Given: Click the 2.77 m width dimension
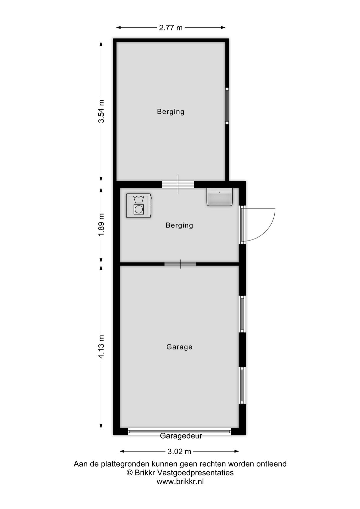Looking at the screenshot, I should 171,28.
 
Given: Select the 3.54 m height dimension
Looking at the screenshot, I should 101,111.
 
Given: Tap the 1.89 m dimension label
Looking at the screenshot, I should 101,225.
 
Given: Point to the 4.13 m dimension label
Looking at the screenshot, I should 101,347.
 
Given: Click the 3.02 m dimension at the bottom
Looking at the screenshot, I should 179,452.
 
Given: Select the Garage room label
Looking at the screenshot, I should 179,347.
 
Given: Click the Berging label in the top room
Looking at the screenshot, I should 171,111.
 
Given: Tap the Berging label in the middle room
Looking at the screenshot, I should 179,225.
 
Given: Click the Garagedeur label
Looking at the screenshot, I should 181,436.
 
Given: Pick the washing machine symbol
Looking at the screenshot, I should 139,206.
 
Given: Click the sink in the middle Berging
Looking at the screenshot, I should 219,197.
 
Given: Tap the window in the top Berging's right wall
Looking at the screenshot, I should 227,106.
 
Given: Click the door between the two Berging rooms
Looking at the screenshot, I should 178,184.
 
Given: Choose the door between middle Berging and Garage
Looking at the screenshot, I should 180,264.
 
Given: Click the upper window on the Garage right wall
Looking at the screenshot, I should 242,314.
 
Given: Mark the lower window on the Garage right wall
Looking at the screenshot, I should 242,385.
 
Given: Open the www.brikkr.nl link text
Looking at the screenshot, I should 180,481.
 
